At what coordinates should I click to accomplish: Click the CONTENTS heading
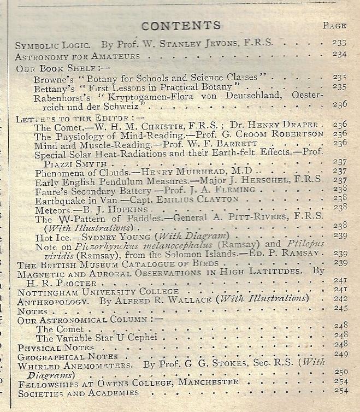181,26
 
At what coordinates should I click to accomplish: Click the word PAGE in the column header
334,25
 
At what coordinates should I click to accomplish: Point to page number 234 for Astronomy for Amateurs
339,54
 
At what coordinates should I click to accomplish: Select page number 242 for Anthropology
340,298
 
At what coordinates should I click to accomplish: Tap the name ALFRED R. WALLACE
158,298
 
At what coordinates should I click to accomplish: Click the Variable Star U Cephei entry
96,338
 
